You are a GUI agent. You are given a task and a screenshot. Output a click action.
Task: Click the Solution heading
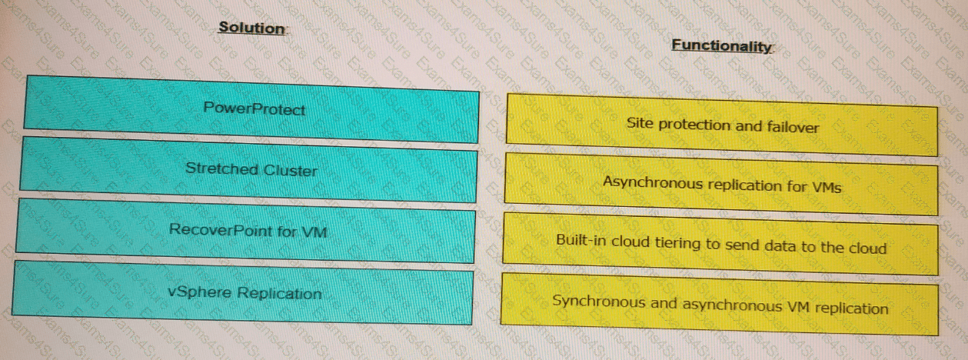tap(251, 28)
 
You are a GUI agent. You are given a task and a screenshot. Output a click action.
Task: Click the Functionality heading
tap(720, 45)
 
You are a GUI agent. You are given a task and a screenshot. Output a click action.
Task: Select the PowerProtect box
tap(253, 108)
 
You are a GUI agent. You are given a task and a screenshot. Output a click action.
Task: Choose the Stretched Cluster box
tap(251, 169)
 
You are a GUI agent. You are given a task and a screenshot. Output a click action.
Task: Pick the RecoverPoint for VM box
tap(248, 230)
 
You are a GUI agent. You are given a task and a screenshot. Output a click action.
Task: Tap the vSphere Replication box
tap(244, 292)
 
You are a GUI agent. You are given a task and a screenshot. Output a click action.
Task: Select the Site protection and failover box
tap(722, 125)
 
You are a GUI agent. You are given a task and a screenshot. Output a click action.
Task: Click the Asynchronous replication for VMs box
tap(721, 185)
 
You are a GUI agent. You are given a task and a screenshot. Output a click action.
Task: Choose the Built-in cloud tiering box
tap(721, 245)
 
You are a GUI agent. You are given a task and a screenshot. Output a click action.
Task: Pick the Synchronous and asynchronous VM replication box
tap(720, 305)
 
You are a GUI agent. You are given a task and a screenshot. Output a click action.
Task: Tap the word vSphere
tap(199, 292)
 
